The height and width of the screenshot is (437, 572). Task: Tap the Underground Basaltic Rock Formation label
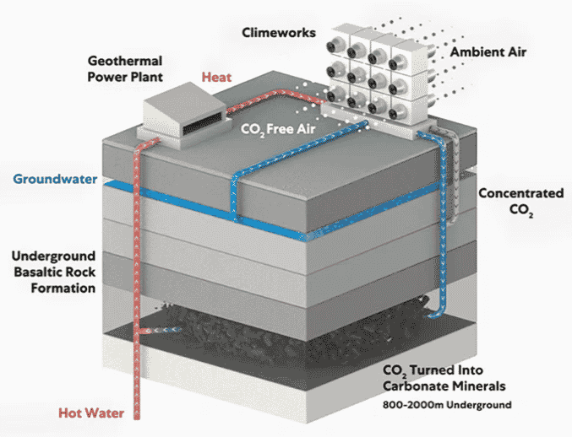coord(53,272)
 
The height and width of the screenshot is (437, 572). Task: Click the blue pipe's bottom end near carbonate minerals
coord(433,317)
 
